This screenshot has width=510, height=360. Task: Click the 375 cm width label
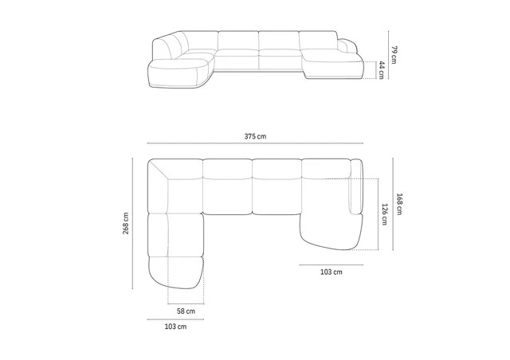pyautogui.click(x=255, y=137)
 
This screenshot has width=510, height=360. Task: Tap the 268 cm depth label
pyautogui.click(x=125, y=224)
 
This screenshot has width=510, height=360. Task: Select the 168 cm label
pyautogui.click(x=402, y=205)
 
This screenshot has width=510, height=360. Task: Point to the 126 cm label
pyautogui.click(x=385, y=213)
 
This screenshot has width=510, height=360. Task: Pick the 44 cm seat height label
pyautogui.click(x=383, y=69)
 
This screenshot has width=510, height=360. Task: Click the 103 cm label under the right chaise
pyautogui.click(x=331, y=272)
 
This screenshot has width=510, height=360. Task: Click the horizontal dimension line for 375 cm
pyautogui.click(x=255, y=146)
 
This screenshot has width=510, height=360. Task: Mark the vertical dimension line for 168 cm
pyautogui.click(x=394, y=205)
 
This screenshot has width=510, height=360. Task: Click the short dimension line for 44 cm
pyautogui.click(x=376, y=69)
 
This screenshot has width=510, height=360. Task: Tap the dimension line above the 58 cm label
pyautogui.click(x=186, y=303)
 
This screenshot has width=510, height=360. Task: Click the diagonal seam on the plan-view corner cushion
pyautogui.click(x=161, y=172)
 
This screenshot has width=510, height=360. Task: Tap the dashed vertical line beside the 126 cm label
pyautogui.click(x=375, y=213)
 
